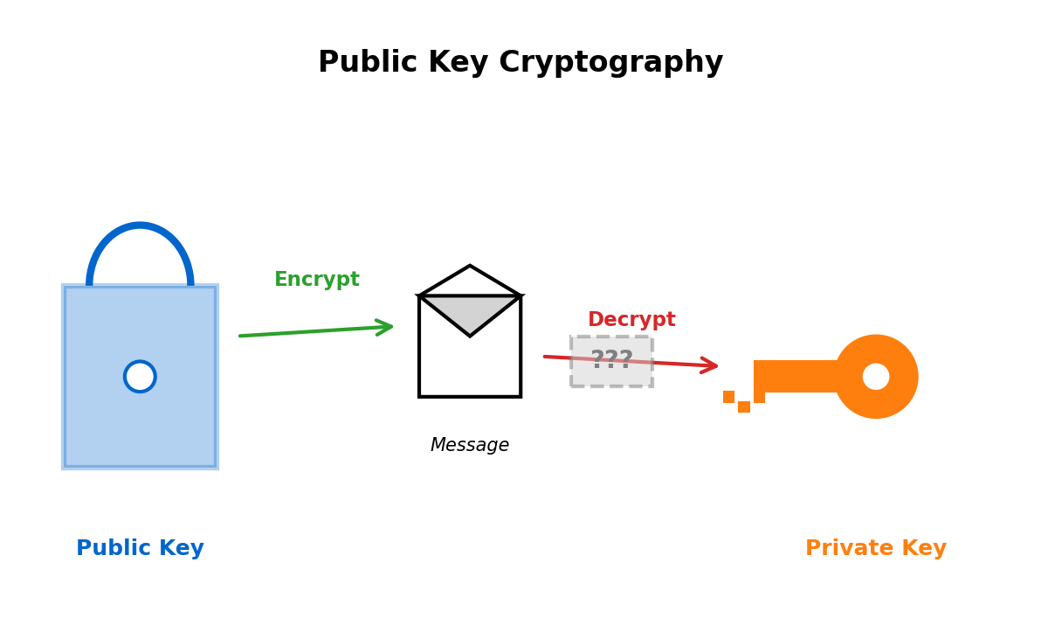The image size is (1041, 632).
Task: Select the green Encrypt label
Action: [316, 280]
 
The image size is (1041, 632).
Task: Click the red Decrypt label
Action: [631, 320]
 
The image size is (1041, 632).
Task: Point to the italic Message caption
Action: [470, 446]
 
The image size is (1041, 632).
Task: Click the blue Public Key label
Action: [140, 549]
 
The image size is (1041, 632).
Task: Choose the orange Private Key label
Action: [875, 549]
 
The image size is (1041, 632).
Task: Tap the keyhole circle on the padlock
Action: [140, 377]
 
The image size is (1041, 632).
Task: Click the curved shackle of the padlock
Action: [140, 227]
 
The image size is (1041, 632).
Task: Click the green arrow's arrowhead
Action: [385, 327]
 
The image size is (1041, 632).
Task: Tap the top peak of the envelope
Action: [470, 267]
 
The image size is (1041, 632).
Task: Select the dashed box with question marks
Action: [611, 361]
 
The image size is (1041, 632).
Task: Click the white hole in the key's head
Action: [876, 377]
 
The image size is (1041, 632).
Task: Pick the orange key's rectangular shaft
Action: [795, 377]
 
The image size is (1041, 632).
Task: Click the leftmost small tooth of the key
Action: [728, 397]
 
